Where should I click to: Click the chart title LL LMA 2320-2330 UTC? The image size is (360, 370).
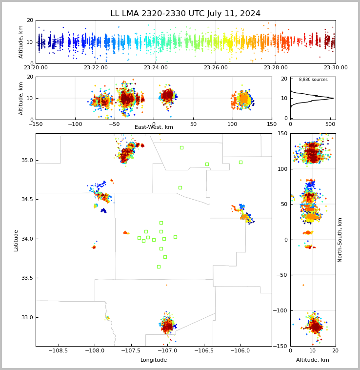coord(185,14)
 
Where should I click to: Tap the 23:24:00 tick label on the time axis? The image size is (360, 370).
coord(156,68)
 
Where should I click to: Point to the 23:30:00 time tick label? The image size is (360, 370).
coord(336,68)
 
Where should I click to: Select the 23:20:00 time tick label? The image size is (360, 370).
coord(36,68)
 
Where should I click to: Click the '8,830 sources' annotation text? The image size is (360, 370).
coord(313,80)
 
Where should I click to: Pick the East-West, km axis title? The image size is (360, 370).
coord(154,127)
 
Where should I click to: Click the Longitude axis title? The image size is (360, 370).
coord(154,360)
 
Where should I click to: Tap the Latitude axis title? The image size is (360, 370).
coord(16,240)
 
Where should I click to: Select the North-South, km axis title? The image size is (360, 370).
coord(340,240)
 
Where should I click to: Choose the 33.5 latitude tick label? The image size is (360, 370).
coord(28,278)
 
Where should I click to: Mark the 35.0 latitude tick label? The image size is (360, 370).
coord(28,160)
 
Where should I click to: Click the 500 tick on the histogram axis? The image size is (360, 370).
coord(332,124)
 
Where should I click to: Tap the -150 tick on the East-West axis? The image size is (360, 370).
coord(36,124)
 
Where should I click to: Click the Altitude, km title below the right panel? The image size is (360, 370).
coord(313,360)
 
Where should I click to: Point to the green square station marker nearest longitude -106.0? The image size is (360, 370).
coord(240,162)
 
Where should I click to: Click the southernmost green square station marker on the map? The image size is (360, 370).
coord(159,267)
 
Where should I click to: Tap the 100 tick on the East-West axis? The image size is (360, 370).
coord(232,124)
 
